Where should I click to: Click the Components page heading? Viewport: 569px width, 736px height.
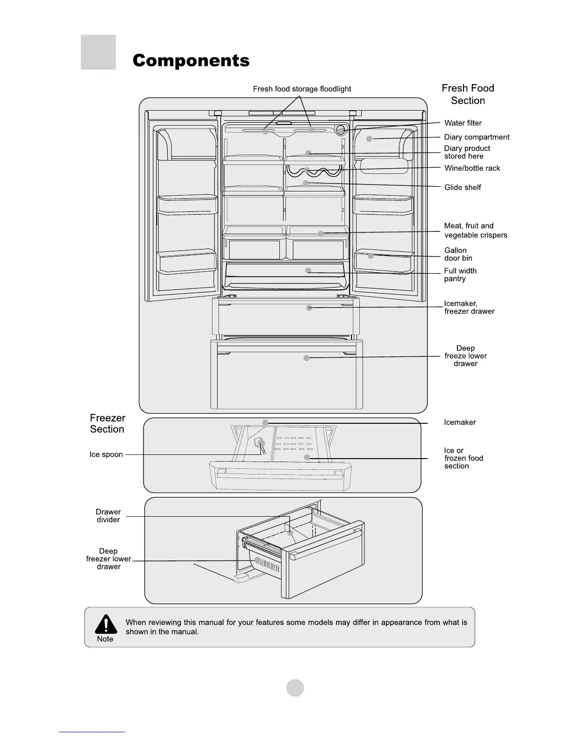191,61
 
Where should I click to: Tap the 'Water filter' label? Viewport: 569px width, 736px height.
463,123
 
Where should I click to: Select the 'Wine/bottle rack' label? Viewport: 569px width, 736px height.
472,168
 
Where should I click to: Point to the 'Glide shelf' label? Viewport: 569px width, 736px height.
463,187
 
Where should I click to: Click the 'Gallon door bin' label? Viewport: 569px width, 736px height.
458,254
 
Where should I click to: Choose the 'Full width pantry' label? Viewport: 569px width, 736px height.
460,275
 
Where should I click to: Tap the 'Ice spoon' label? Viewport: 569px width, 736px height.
106,454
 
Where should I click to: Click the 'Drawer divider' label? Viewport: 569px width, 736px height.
108,516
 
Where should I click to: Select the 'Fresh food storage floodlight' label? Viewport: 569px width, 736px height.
302,89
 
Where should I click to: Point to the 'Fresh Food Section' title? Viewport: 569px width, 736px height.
468,94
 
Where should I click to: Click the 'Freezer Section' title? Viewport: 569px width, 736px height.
107,423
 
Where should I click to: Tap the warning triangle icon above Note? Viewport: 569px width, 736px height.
106,624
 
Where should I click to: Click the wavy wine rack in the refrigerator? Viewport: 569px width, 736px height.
314,171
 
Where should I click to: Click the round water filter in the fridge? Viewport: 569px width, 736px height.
341,130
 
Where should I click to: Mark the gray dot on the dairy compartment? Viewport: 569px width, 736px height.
370,138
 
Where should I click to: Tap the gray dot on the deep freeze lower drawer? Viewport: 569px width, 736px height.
306,358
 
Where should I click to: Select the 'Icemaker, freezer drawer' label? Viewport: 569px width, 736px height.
469,308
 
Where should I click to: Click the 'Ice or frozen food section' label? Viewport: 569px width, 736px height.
463,458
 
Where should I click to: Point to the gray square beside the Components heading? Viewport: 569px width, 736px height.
98,52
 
